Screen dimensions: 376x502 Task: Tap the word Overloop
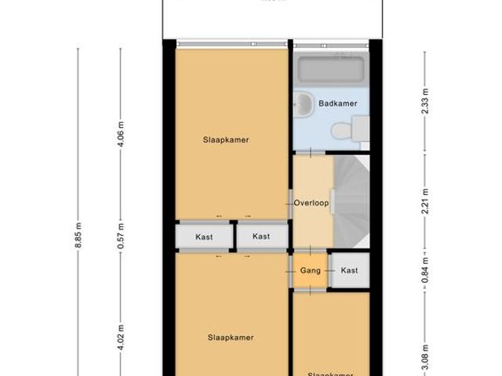pyautogui.click(x=311, y=203)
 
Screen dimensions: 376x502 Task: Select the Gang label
pyautogui.click(x=310, y=271)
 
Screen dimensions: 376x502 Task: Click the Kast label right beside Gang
pyautogui.click(x=349, y=271)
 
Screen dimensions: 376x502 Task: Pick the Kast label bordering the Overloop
pyautogui.click(x=261, y=236)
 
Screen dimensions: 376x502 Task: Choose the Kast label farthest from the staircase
pyautogui.click(x=204, y=236)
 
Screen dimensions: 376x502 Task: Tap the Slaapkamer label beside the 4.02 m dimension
pyautogui.click(x=231, y=338)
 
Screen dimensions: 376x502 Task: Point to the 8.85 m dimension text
pyautogui.click(x=78, y=236)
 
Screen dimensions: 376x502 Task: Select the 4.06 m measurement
pyautogui.click(x=121, y=134)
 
